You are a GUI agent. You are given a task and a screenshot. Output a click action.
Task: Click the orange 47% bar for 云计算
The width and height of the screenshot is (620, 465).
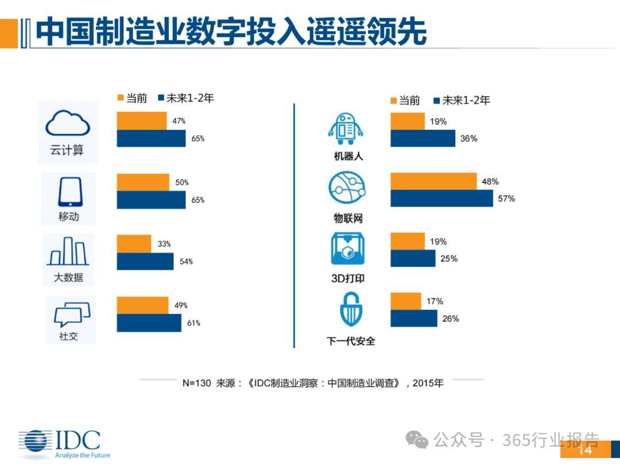pyautogui.click(x=142, y=121)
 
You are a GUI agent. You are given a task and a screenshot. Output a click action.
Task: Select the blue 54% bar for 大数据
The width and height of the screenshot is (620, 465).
pyautogui.click(x=145, y=261)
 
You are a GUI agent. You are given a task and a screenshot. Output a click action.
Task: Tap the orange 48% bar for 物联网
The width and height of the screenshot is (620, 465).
pyautogui.click(x=433, y=181)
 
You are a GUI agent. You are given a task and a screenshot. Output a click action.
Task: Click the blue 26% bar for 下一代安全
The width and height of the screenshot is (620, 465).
pyautogui.click(x=413, y=318)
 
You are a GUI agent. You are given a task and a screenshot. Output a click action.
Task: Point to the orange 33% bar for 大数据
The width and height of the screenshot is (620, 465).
pyautogui.click(x=134, y=243)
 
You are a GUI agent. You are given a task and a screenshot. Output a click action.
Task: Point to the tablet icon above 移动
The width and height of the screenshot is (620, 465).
pyautogui.click(x=69, y=192)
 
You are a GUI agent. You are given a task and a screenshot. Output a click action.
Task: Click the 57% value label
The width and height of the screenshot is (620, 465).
pyautogui.click(x=506, y=199)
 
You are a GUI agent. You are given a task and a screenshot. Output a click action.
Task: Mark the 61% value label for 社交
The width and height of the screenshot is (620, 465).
pyautogui.click(x=193, y=323)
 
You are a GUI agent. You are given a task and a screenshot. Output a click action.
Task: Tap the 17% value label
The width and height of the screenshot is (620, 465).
pyautogui.click(x=435, y=301)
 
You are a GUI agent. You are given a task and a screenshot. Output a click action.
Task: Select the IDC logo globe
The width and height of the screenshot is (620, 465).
pyautogui.click(x=34, y=443)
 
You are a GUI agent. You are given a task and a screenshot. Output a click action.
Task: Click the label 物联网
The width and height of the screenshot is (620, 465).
pyautogui.click(x=348, y=219)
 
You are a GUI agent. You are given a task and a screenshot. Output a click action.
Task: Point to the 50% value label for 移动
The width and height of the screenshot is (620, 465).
pyautogui.click(x=182, y=183)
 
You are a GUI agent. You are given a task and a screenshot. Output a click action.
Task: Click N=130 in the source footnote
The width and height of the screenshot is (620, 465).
pyautogui.click(x=196, y=383)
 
